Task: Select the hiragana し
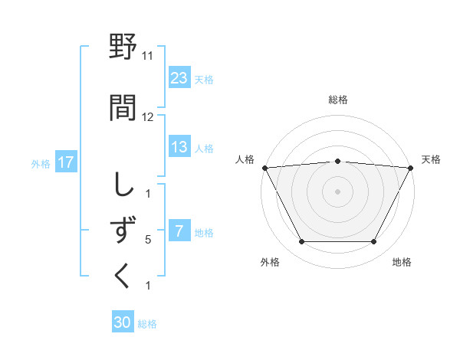coord(123,185)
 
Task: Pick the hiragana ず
coord(123,231)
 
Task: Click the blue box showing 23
coord(179,77)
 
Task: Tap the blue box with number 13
coord(179,147)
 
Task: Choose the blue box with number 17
coord(65,162)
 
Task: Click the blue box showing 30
coord(123,322)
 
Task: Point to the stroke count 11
coord(148,56)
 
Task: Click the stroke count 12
coord(148,117)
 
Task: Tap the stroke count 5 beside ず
coord(148,240)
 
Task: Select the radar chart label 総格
coord(338,100)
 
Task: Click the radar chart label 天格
coord(431,159)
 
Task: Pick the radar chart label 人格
coord(245,159)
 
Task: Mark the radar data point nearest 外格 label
coord(301,242)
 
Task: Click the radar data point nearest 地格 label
coord(374,242)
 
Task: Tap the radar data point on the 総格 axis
coord(338,161)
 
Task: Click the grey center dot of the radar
coord(338,191)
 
